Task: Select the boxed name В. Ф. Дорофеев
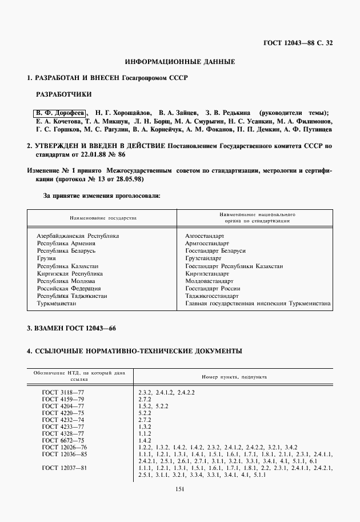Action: tap(59, 113)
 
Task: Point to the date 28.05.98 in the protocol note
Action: tap(129, 179)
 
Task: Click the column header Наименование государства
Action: tap(103, 218)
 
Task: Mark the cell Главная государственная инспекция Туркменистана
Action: tap(258, 304)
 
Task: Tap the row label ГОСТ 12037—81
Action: tap(65, 468)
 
